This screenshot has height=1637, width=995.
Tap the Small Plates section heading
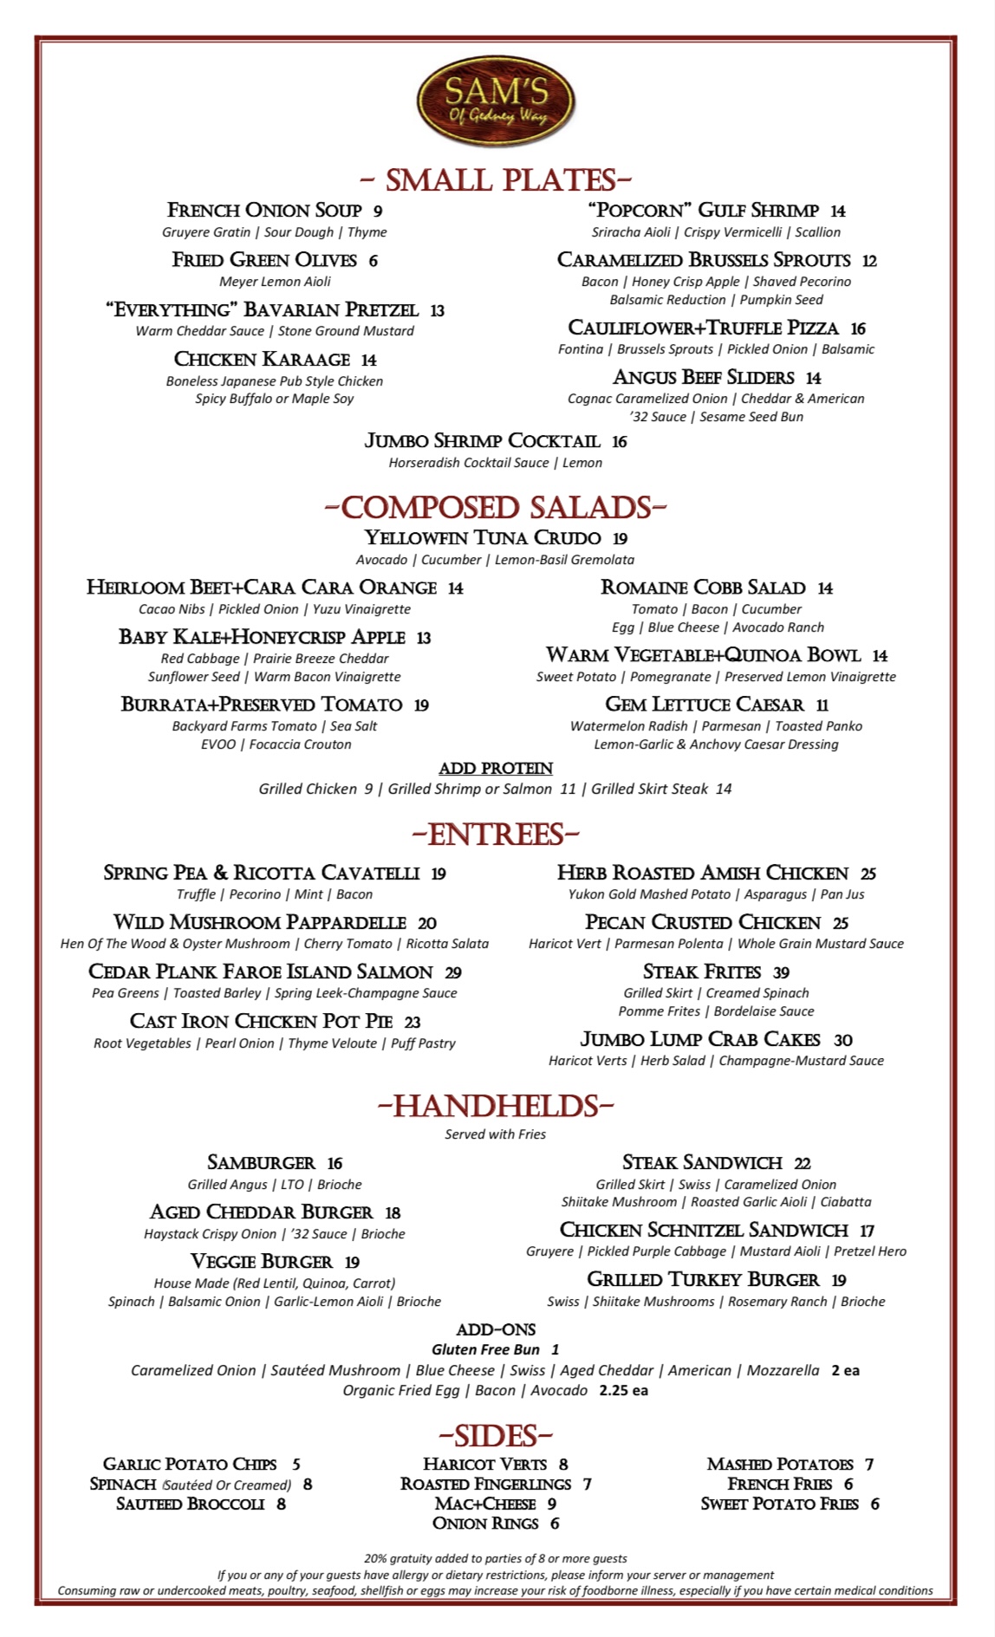pos(496,180)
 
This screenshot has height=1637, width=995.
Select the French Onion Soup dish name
pos(264,211)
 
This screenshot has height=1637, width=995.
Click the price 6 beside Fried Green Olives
pos(373,261)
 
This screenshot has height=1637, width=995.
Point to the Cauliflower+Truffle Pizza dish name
pos(703,328)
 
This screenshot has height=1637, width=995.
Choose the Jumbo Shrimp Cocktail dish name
pos(482,441)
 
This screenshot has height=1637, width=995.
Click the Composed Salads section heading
pos(496,508)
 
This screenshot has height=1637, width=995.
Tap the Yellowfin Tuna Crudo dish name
pos(483,538)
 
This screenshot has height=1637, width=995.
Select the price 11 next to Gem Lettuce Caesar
pos(822,705)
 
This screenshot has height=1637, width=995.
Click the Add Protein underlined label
pos(496,769)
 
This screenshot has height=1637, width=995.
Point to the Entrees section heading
pos(496,835)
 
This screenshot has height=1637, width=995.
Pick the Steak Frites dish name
pos(702,972)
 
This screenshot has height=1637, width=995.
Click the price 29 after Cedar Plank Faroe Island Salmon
pos(452,973)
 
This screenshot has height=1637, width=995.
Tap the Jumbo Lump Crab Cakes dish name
pos(700,1040)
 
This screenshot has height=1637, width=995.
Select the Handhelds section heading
pos(496,1107)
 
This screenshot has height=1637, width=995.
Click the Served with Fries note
pos(496,1134)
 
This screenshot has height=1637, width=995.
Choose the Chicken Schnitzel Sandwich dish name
pos(704,1231)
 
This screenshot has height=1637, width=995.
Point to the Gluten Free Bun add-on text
pos(485,1349)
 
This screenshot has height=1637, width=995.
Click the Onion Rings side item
pos(485,1523)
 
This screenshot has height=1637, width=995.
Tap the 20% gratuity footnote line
pos(496,1558)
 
